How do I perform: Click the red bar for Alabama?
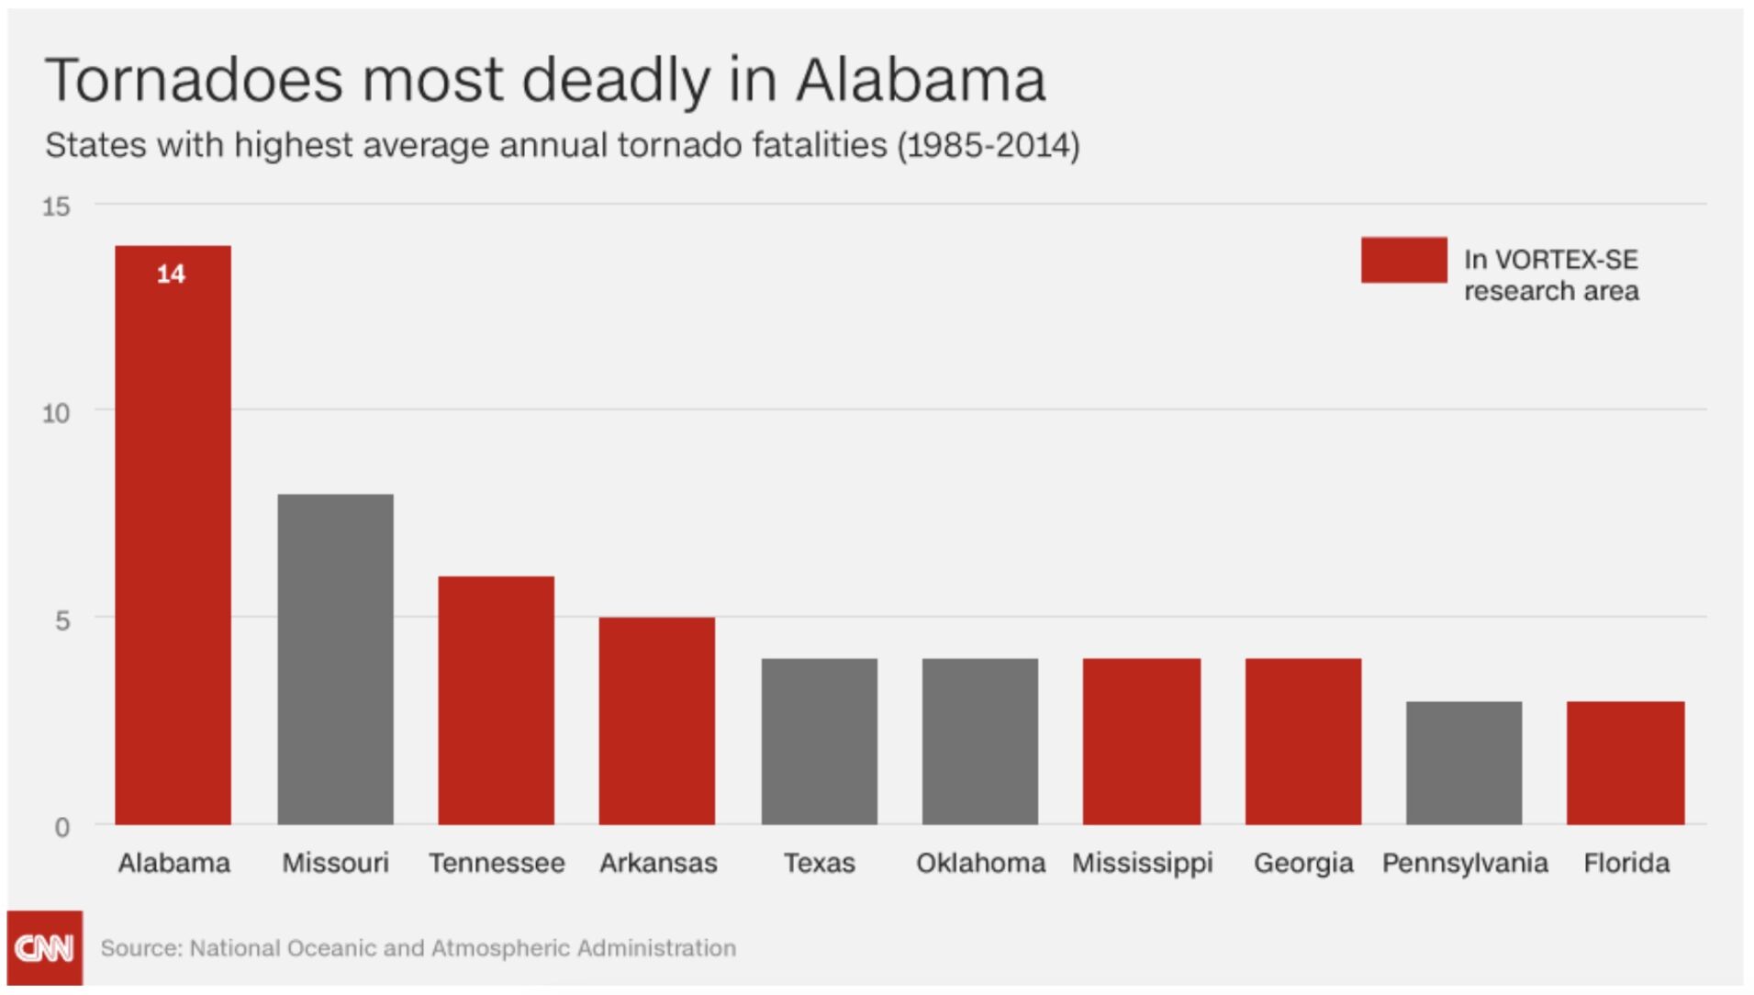click(x=173, y=551)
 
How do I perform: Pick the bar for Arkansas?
click(x=657, y=721)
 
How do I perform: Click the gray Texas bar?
click(x=819, y=741)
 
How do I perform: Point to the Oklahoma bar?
click(x=980, y=741)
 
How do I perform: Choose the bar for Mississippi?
click(x=1142, y=741)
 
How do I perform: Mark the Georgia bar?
click(x=1303, y=741)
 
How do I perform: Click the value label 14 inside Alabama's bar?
click(x=171, y=274)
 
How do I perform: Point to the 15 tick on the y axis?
click(x=56, y=207)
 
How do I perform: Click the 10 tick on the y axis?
click(x=56, y=413)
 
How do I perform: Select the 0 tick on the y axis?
click(x=61, y=827)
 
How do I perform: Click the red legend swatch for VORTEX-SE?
click(x=1403, y=260)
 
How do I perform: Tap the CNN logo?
click(x=44, y=947)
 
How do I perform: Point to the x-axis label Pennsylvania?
click(x=1465, y=863)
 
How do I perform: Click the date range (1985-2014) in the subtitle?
click(x=989, y=145)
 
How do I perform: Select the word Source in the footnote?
click(x=140, y=947)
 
